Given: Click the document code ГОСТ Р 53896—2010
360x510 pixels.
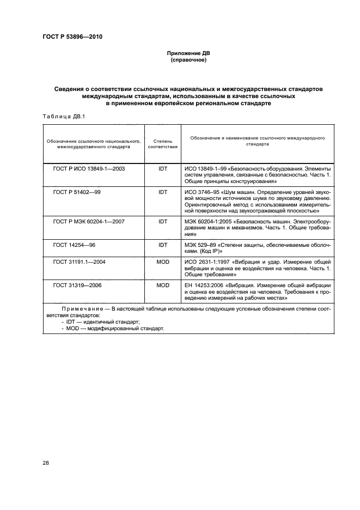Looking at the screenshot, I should tap(72, 37).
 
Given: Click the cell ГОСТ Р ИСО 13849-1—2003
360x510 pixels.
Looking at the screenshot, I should tap(89, 169).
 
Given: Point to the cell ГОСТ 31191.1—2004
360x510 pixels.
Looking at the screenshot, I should tap(79, 262).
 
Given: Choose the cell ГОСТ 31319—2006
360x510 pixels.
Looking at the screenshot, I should tap(77, 285).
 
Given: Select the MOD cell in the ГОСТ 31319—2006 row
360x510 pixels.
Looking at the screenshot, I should tap(162, 285).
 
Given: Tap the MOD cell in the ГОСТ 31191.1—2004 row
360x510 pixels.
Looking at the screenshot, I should tap(162, 262).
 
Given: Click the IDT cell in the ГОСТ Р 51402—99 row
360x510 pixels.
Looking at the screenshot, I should tap(162, 192).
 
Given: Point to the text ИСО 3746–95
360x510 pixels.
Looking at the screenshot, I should tap(203, 192).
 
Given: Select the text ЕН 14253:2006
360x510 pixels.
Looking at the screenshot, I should tap(205, 285).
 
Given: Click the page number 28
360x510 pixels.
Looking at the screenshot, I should tap(46, 463).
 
